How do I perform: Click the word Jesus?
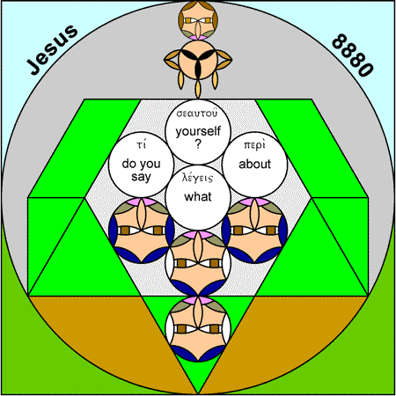point(52,49)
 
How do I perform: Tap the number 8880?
point(353,55)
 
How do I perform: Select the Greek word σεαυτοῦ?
point(197,113)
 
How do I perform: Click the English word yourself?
point(198,131)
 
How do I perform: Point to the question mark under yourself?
point(198,143)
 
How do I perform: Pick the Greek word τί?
point(141,144)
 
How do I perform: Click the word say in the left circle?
point(141,177)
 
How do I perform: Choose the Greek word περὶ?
point(254,145)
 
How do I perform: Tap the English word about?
point(254,164)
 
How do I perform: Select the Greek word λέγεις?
point(197,178)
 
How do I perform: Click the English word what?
point(198,196)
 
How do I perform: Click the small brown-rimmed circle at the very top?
point(198,20)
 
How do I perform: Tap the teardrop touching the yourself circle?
point(198,90)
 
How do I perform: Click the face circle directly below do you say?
point(141,231)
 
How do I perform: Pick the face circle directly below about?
point(254,231)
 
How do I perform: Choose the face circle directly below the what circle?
point(198,263)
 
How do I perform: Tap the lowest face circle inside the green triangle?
point(198,329)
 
